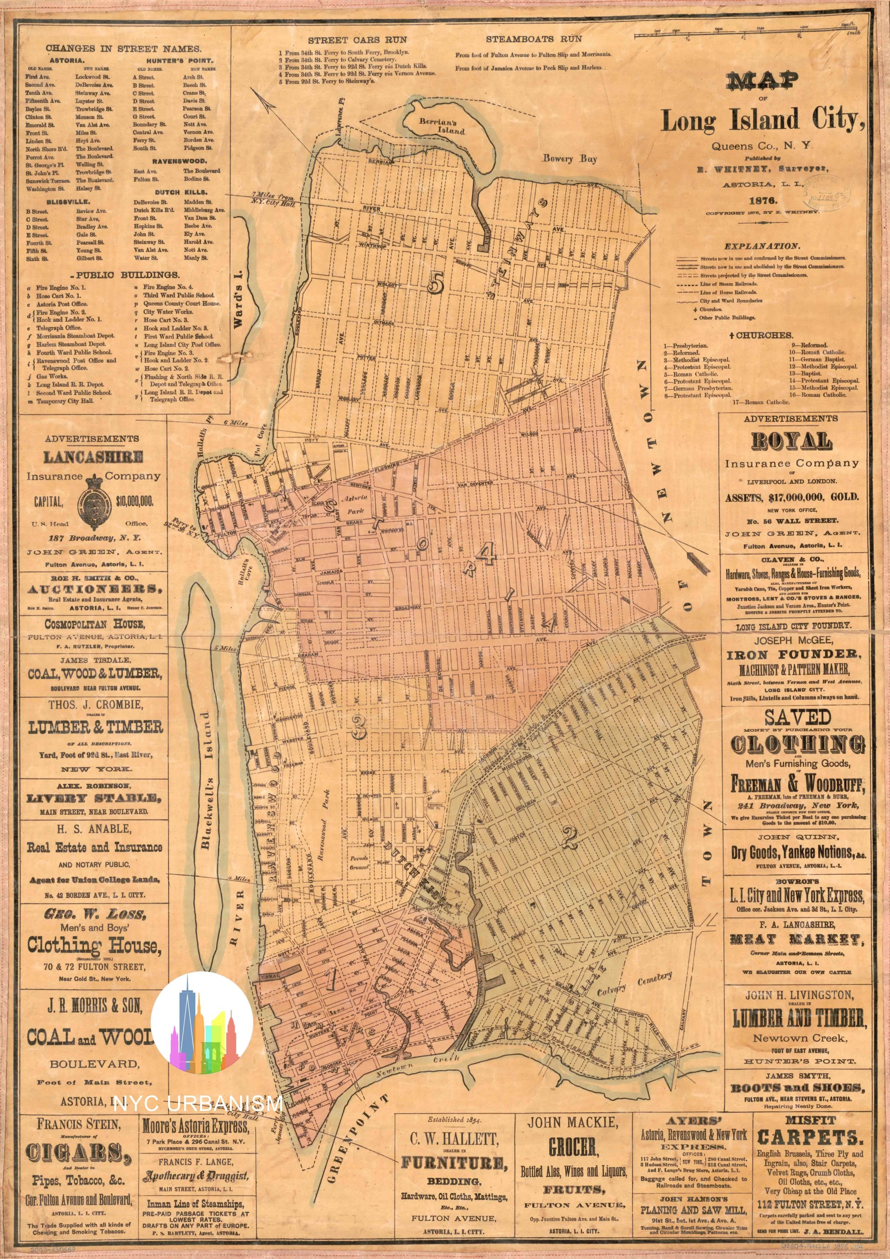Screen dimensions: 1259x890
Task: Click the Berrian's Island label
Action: (x=447, y=125)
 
